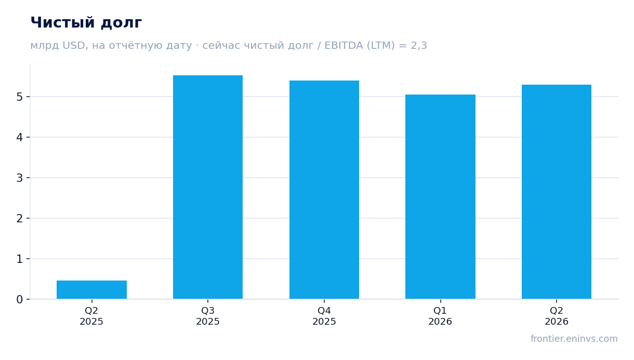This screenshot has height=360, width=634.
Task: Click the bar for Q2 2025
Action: [91, 289]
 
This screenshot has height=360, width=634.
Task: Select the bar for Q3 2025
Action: [208, 187]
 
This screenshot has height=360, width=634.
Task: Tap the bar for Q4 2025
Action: [324, 190]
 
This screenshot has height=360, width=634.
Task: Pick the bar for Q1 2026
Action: [440, 197]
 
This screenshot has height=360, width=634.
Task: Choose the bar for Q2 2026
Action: [557, 192]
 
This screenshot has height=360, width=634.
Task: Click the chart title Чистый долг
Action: [86, 23]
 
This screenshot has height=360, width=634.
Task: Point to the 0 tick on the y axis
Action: [20, 299]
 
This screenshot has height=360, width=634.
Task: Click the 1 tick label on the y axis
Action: [20, 259]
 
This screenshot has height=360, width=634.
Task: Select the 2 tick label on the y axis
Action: [20, 218]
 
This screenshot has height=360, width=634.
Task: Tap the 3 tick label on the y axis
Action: [20, 178]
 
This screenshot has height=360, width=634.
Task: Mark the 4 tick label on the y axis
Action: [20, 137]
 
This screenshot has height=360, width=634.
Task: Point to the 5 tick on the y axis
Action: [20, 97]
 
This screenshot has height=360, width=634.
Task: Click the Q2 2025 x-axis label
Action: [91, 316]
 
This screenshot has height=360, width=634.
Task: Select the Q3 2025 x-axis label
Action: [208, 316]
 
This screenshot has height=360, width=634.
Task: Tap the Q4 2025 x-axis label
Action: [324, 316]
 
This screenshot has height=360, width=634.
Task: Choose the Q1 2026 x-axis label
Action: [440, 316]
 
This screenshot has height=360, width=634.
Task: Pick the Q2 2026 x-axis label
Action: [557, 316]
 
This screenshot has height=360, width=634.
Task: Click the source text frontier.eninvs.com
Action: [574, 339]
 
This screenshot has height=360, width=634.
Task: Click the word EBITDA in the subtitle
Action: [344, 45]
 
